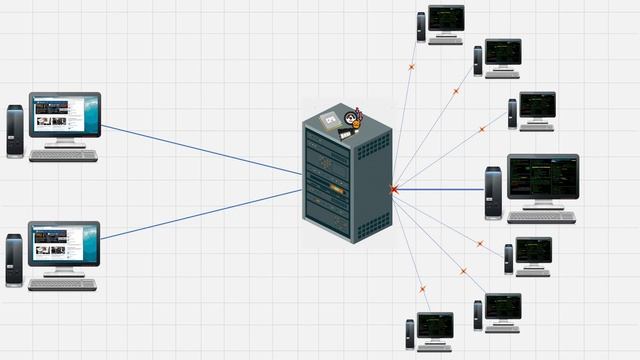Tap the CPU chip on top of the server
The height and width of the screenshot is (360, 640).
pyautogui.click(x=329, y=121)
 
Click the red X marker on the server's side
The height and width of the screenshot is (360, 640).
pyautogui.click(x=394, y=188)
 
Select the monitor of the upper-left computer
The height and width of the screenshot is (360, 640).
pyautogui.click(x=65, y=115)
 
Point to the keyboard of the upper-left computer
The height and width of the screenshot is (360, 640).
pyautogui.click(x=63, y=155)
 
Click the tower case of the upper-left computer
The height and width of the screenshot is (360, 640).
pyautogui.click(x=14, y=131)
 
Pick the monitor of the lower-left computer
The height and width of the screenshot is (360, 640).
pyautogui.click(x=65, y=243)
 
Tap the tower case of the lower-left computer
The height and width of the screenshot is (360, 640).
pyautogui.click(x=14, y=259)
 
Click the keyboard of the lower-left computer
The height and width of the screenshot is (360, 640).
pyautogui.click(x=63, y=284)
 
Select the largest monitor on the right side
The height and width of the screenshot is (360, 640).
pyautogui.click(x=542, y=177)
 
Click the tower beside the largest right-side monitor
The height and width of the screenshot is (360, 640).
pyautogui.click(x=493, y=192)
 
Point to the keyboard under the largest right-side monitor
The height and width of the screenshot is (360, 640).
pyautogui.click(x=541, y=217)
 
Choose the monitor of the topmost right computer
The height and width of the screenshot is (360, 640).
pyautogui.click(x=446, y=19)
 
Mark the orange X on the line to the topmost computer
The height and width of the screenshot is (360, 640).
pyautogui.click(x=410, y=67)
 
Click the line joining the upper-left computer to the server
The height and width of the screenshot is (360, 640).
pyautogui.click(x=200, y=150)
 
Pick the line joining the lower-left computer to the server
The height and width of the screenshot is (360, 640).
pyautogui.click(x=200, y=214)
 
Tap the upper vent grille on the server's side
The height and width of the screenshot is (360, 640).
pyautogui.click(x=372, y=147)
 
